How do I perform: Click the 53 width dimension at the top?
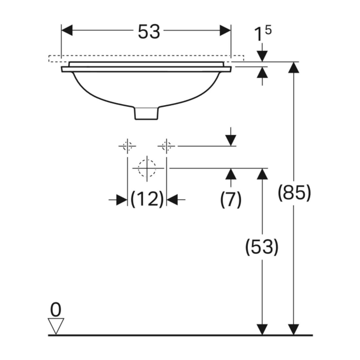pyautogui.click(x=149, y=32)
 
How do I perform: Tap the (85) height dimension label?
pyautogui.click(x=294, y=193)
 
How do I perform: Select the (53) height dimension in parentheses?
pyautogui.click(x=262, y=247)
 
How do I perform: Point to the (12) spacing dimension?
pyautogui.click(x=147, y=199)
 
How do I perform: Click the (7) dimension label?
pyautogui.click(x=231, y=199)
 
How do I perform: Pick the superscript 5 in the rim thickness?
pyautogui.click(x=268, y=30)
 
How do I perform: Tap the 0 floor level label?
pyautogui.click(x=56, y=310)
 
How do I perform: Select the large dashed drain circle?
pyautogui.click(x=147, y=168)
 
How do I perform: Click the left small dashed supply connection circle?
pyautogui.click(x=127, y=146)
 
